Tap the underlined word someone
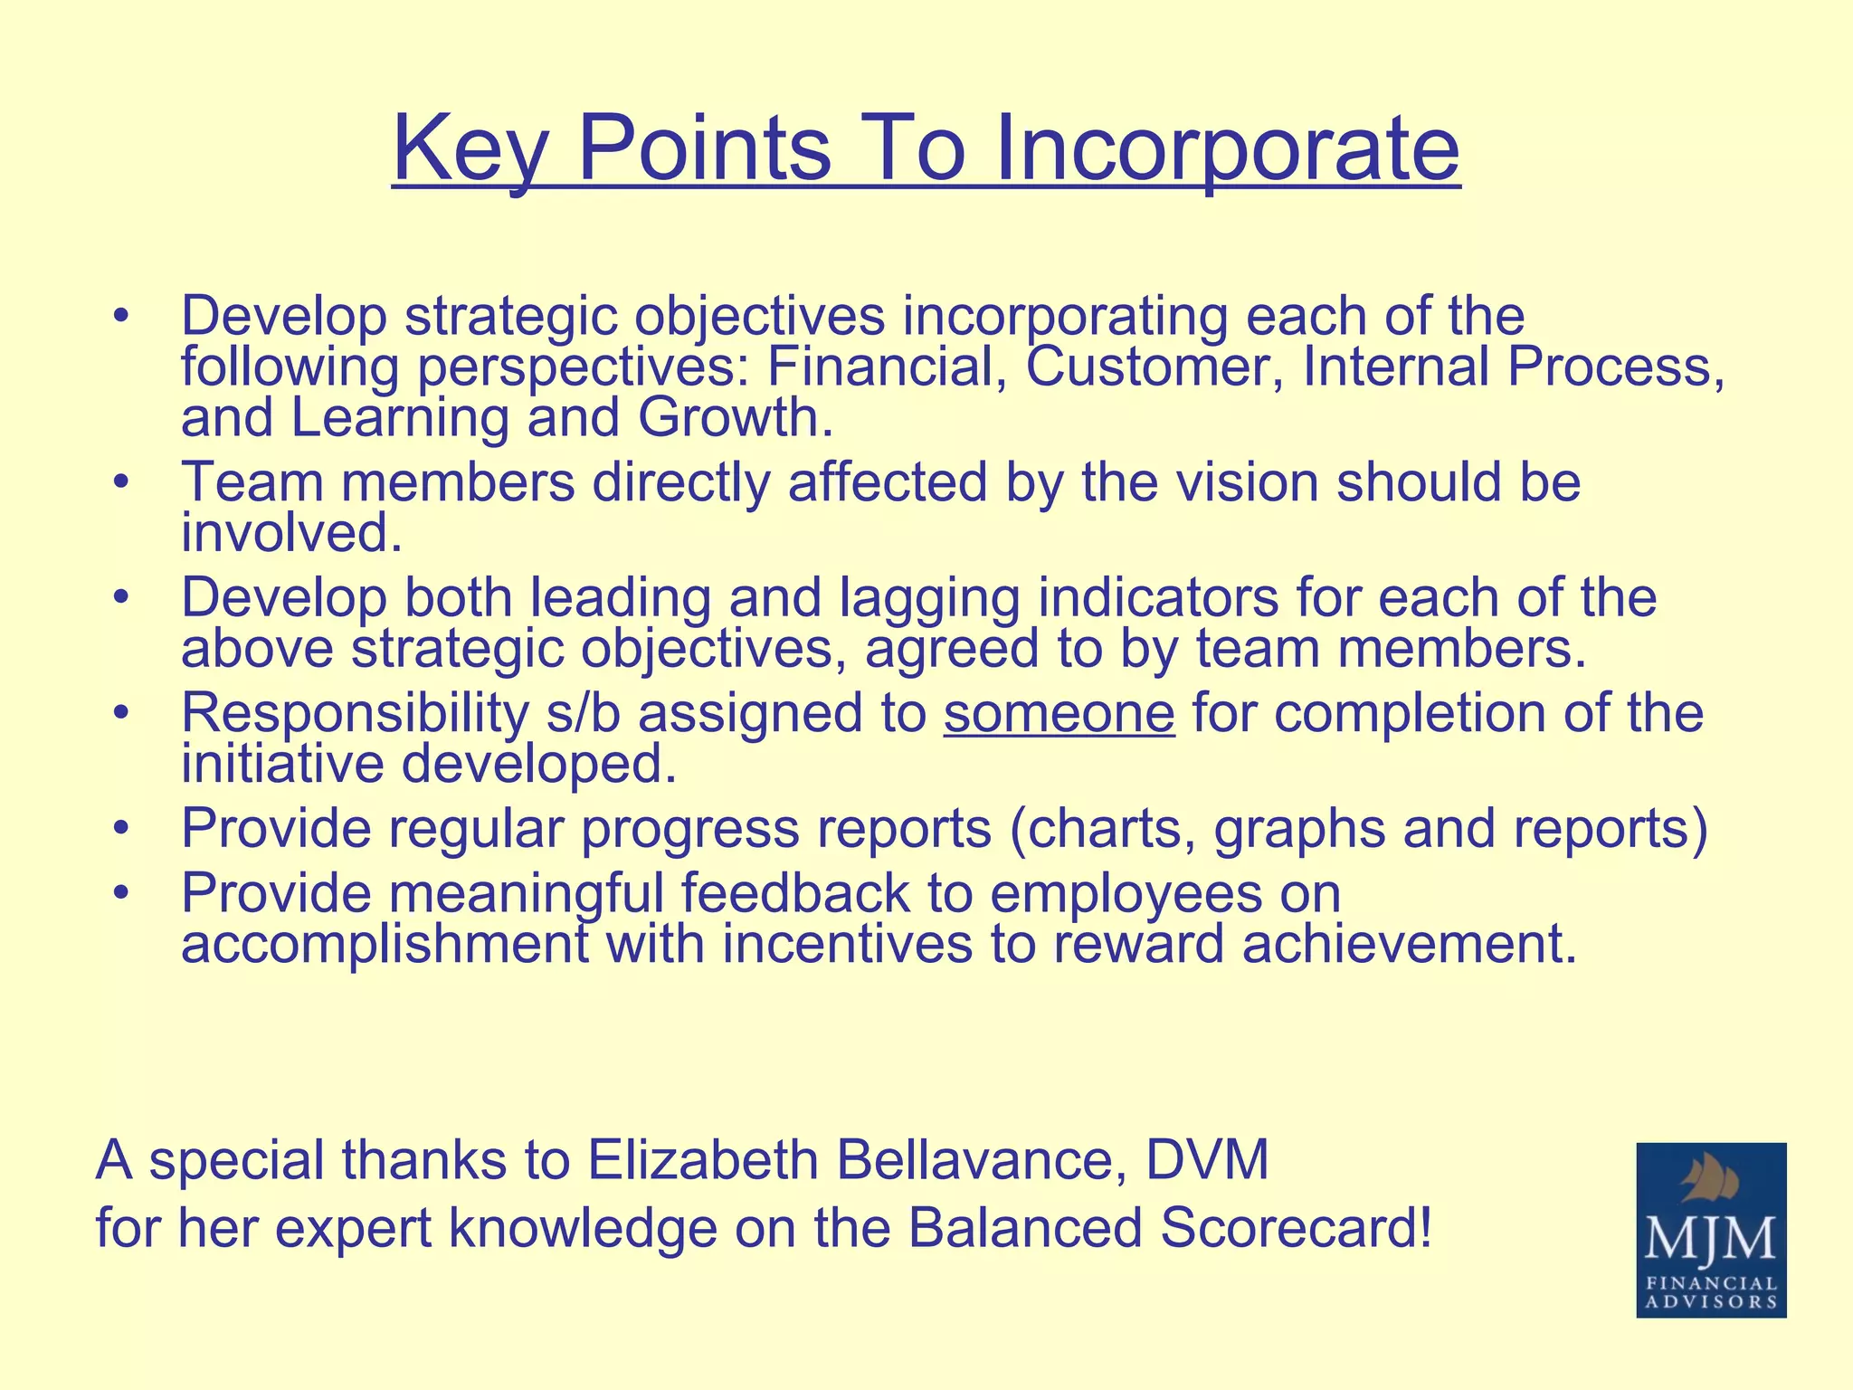[1059, 713]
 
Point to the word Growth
[735, 418]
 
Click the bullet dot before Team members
[122, 484]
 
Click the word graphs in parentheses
[1298, 829]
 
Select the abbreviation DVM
[1207, 1160]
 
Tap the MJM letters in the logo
[1710, 1239]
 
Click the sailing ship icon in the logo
[1710, 1180]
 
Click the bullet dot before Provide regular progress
[122, 829]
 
